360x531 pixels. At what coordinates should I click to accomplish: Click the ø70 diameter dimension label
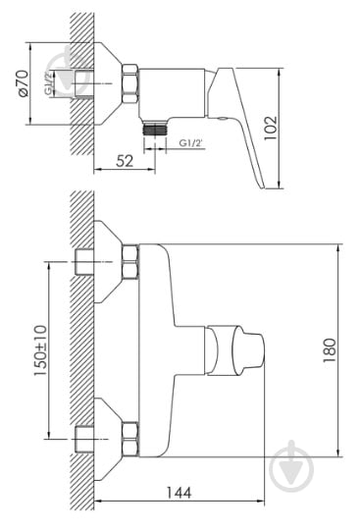pos(23,83)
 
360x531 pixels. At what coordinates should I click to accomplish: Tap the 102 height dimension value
pos(271,128)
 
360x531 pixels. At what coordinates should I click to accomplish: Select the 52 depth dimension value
pos(125,161)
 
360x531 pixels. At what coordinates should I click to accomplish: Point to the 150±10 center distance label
pos(40,350)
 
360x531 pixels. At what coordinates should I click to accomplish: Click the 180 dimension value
pos(330,350)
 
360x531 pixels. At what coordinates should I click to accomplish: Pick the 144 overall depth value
pos(179,493)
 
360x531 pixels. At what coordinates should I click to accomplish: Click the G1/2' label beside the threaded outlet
pos(191,143)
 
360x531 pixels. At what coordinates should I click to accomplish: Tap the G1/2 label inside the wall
pos(49,83)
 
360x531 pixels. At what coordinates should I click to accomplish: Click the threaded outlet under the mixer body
pos(155,128)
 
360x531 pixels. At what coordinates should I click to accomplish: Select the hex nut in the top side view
pos(130,83)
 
